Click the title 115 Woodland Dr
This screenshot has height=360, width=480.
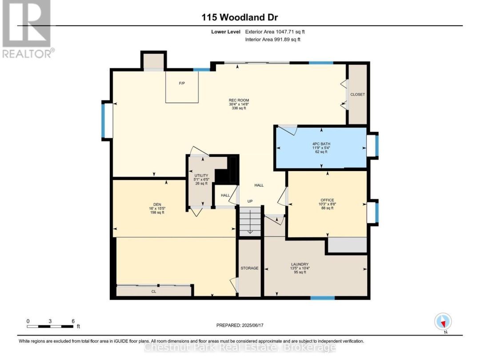[x=240, y=17]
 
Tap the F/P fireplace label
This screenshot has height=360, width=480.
[x=182, y=83]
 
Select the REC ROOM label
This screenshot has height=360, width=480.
[x=239, y=100]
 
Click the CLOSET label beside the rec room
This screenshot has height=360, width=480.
[x=357, y=94]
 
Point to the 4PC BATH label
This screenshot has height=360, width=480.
[x=321, y=144]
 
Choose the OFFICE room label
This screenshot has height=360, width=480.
[x=327, y=200]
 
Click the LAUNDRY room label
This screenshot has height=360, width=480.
[x=300, y=264]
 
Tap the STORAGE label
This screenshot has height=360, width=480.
[x=249, y=268]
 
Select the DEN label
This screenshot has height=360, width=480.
[x=157, y=204]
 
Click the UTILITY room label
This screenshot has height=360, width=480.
[x=201, y=176]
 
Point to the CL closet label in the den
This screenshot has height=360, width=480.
[x=154, y=292]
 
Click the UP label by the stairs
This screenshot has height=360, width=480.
[x=250, y=201]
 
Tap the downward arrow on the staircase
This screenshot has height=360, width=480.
[x=250, y=222]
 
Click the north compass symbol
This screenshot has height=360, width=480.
[x=443, y=322]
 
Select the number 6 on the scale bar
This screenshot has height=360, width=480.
[x=73, y=321]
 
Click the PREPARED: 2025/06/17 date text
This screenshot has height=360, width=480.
[x=240, y=325]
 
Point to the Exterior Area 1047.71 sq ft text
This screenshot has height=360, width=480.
[x=275, y=32]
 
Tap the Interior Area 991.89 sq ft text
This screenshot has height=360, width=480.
[x=273, y=39]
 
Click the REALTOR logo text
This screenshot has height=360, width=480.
[x=28, y=54]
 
